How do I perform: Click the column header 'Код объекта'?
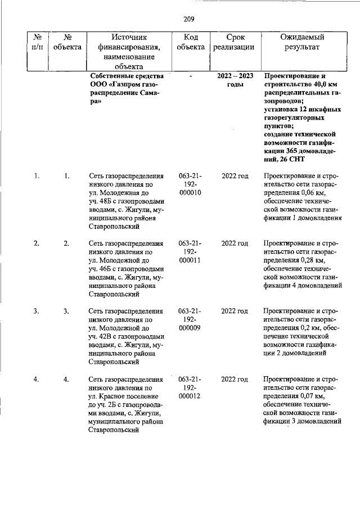[190, 42]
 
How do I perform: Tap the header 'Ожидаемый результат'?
[303, 42]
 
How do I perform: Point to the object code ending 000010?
[190, 192]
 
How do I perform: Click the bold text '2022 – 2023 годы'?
[235, 80]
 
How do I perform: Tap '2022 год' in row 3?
[235, 311]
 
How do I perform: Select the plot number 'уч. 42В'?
[102, 336]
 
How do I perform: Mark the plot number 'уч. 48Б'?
[102, 201]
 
